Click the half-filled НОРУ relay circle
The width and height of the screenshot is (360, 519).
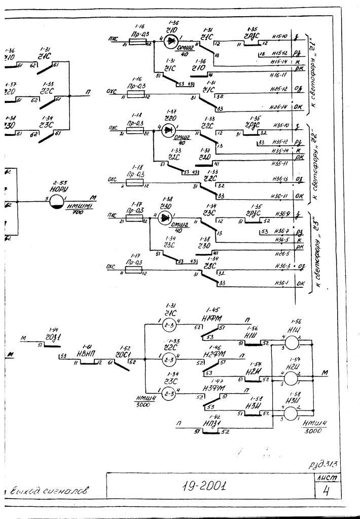pos(57,202)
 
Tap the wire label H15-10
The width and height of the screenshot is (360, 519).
pos(279,37)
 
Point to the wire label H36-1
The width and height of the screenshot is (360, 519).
pos(277,284)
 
